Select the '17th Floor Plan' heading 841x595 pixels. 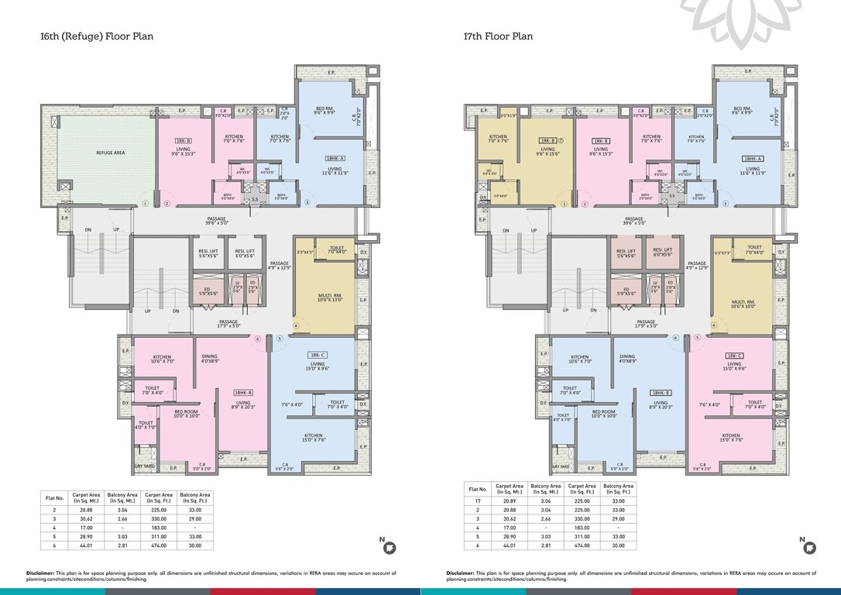point(498,36)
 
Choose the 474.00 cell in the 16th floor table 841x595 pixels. point(160,545)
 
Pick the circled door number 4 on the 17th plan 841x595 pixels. point(713,325)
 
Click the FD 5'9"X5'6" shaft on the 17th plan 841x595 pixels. point(624,292)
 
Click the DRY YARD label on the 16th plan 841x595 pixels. point(144,466)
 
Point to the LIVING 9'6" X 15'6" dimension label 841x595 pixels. point(548,152)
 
